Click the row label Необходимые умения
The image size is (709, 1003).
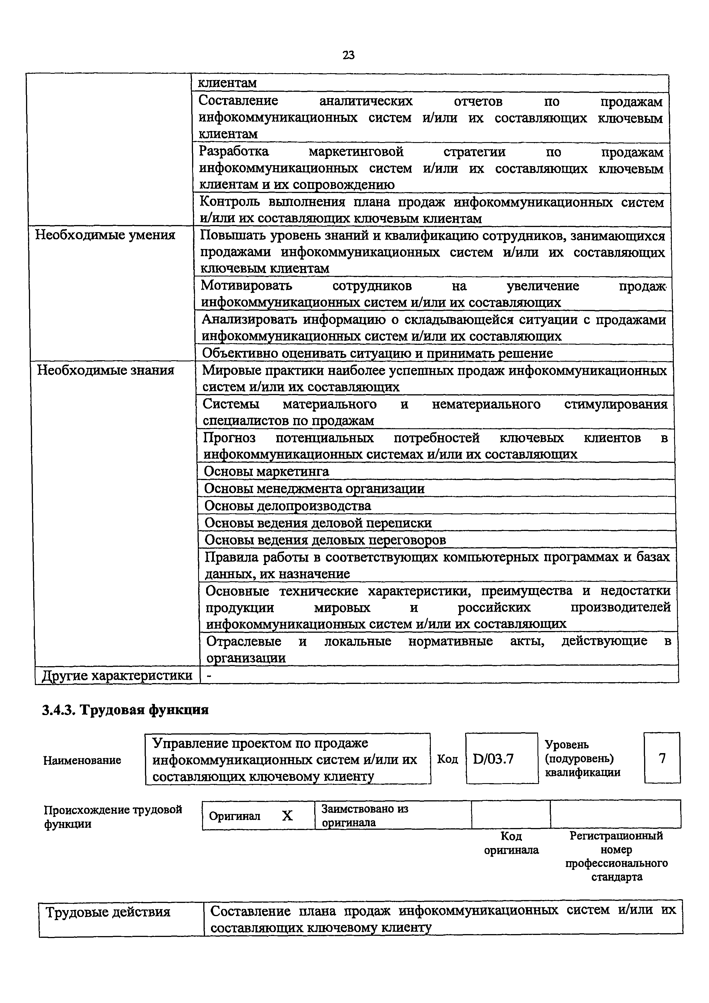point(105,235)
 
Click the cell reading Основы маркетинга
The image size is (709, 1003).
point(266,471)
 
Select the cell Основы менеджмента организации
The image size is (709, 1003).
point(314,488)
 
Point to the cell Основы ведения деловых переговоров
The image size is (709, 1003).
point(325,540)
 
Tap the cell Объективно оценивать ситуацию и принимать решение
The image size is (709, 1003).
point(377,353)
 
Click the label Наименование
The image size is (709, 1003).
point(82,760)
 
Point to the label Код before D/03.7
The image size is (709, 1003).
point(447,759)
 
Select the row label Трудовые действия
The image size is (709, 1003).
point(108,912)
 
